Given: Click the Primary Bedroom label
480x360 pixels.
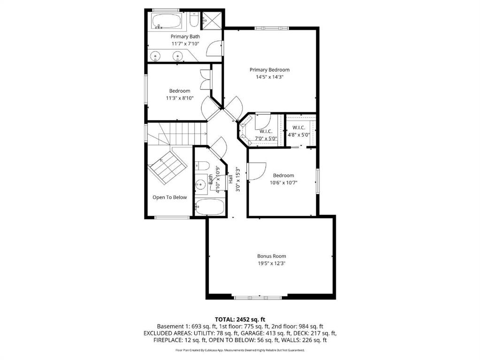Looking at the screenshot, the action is pos(269,70).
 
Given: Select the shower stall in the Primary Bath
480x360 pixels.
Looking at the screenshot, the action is pos(211,19).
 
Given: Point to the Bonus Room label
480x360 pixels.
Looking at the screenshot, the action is pos(272,256).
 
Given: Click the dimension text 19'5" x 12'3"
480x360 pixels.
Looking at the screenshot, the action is pos(272,263).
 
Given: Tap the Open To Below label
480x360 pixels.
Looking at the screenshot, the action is pos(169,197).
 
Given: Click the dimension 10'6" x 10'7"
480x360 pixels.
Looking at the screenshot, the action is pos(283,183).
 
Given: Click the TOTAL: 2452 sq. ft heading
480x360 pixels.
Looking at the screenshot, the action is pos(240,320).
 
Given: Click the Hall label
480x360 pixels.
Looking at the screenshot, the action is pos(230,179).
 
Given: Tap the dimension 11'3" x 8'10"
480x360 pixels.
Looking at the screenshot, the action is pos(180,98).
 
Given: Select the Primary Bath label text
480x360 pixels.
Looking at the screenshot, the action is pos(185,37).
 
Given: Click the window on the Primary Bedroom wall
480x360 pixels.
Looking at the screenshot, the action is pos(272,29).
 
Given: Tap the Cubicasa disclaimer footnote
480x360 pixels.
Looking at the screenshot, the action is pos(240,350).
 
